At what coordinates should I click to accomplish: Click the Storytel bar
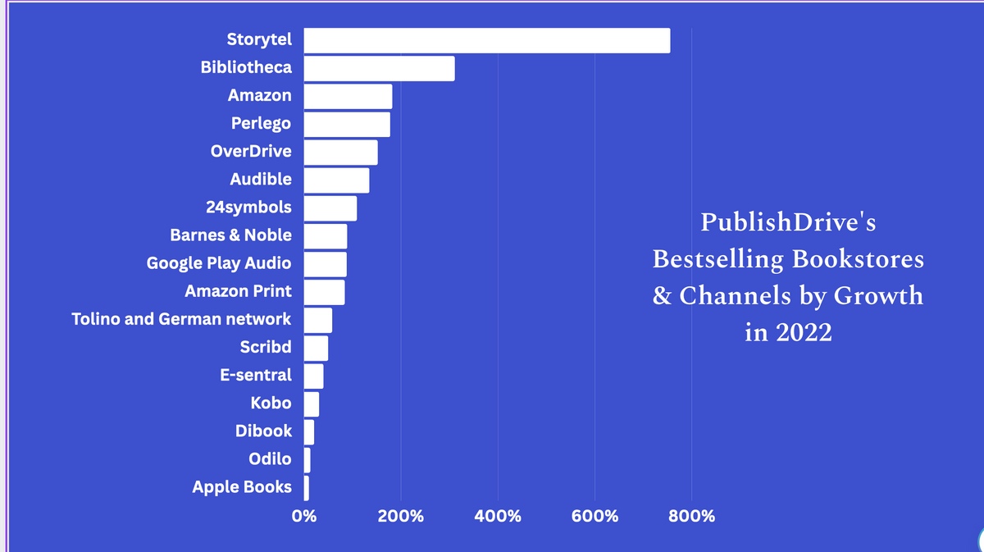coord(487,40)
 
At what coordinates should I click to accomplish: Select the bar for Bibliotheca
coord(379,69)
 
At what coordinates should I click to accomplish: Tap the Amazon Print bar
coord(325,292)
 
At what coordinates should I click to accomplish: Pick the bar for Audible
coord(336,180)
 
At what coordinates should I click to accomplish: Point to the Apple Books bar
coord(307,488)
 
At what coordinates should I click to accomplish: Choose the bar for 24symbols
coord(330,208)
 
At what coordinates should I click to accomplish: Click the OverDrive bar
coord(341,153)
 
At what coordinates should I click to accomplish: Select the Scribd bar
coord(316,348)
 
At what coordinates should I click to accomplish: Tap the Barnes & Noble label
coord(230,235)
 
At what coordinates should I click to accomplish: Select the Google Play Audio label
coord(219,263)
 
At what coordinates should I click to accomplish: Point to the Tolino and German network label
coord(181,319)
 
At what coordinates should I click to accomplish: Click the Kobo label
coord(271,403)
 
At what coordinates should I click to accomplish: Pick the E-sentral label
coord(255,375)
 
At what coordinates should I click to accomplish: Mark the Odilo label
coord(270,458)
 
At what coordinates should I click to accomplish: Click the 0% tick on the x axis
coord(304,517)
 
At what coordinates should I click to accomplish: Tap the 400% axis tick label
coord(498,517)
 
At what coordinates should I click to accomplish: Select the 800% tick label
coord(691,517)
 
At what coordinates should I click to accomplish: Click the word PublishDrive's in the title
coord(787,222)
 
